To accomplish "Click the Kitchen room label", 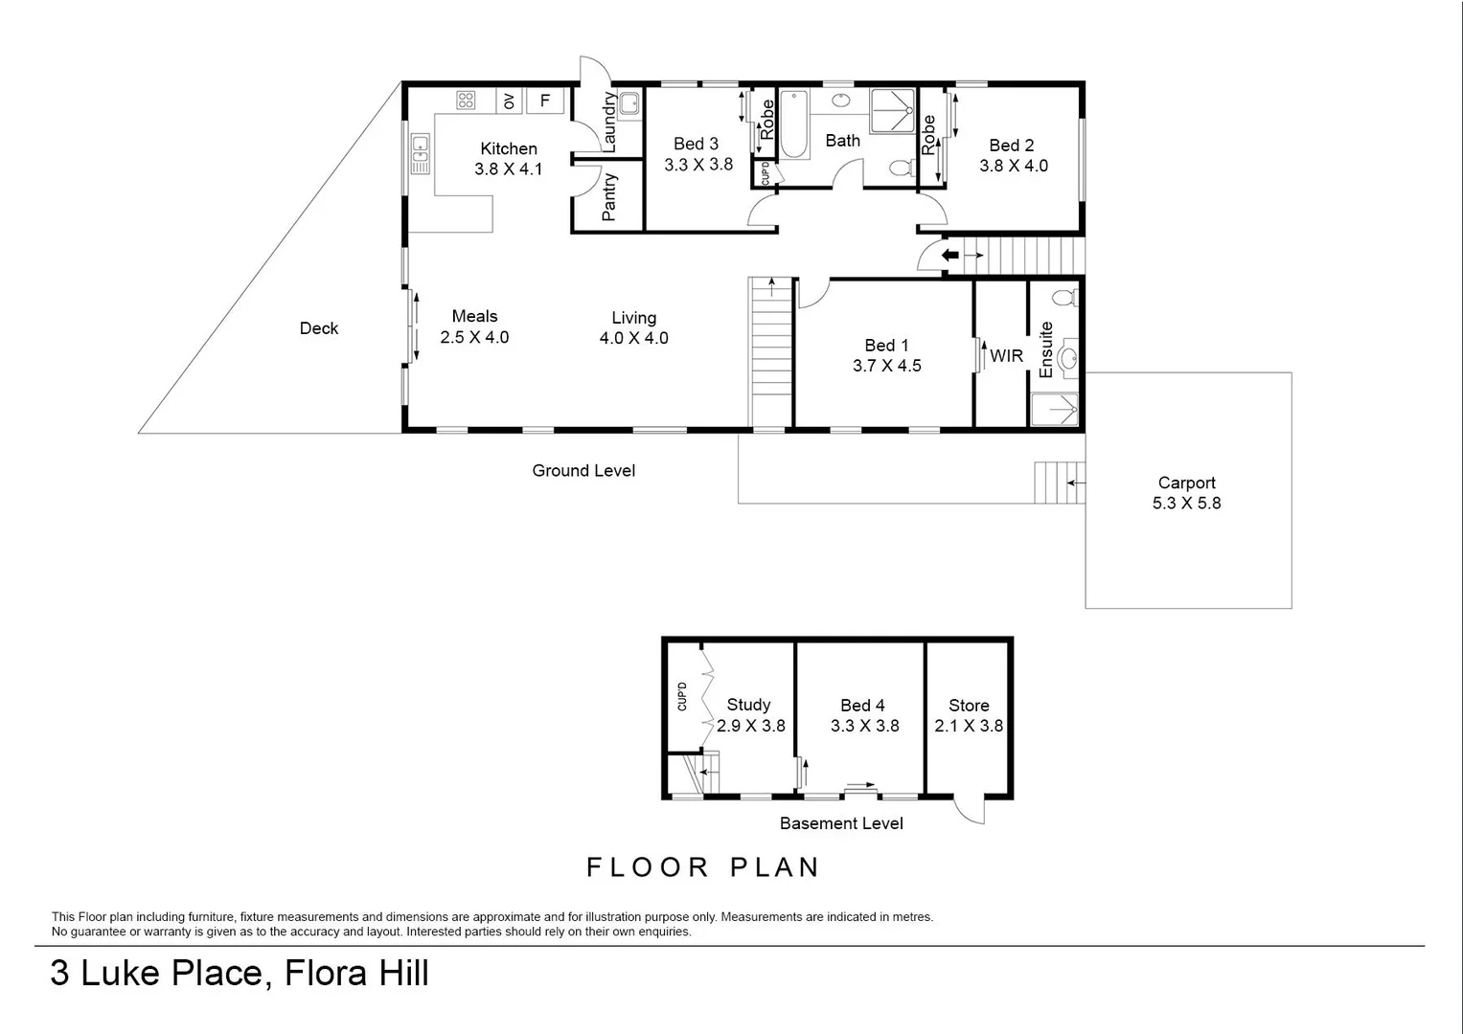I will point(508,148).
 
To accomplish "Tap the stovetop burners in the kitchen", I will point(467,101).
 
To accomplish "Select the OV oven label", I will point(509,101).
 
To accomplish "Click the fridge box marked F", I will point(545,101).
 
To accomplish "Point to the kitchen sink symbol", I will point(420,154).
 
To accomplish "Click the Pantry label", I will point(609,197).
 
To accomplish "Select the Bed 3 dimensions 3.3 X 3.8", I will point(698,165).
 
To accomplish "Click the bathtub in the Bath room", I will point(793,124).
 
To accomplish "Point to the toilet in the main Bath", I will point(900,169).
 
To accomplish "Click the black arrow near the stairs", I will point(949,256).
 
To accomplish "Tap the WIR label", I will point(1006,356).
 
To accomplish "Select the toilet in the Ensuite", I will point(1063,296).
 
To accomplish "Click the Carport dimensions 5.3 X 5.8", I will point(1186,504).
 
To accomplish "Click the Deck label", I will point(319,328).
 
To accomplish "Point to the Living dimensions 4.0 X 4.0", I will point(633,338).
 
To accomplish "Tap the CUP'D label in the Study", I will point(682,696).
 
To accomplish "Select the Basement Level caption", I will point(840,823).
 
